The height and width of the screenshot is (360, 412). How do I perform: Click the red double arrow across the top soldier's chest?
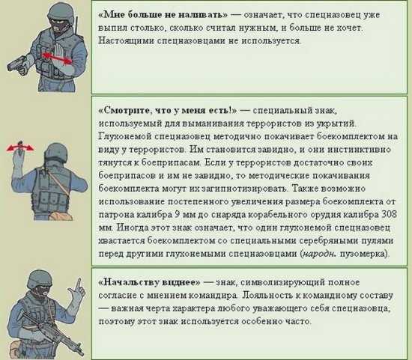point(57,58)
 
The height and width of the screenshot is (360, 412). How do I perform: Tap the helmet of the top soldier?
point(61,13)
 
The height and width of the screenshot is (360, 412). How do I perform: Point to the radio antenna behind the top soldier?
point(76,25)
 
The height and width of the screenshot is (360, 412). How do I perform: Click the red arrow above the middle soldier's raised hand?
point(20,147)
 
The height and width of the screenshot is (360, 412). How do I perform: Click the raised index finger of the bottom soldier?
point(79,284)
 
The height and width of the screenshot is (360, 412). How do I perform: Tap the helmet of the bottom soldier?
point(40,279)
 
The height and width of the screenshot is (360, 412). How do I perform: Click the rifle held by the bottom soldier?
point(52,332)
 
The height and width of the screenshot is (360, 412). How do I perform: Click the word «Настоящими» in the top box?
point(127,41)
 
